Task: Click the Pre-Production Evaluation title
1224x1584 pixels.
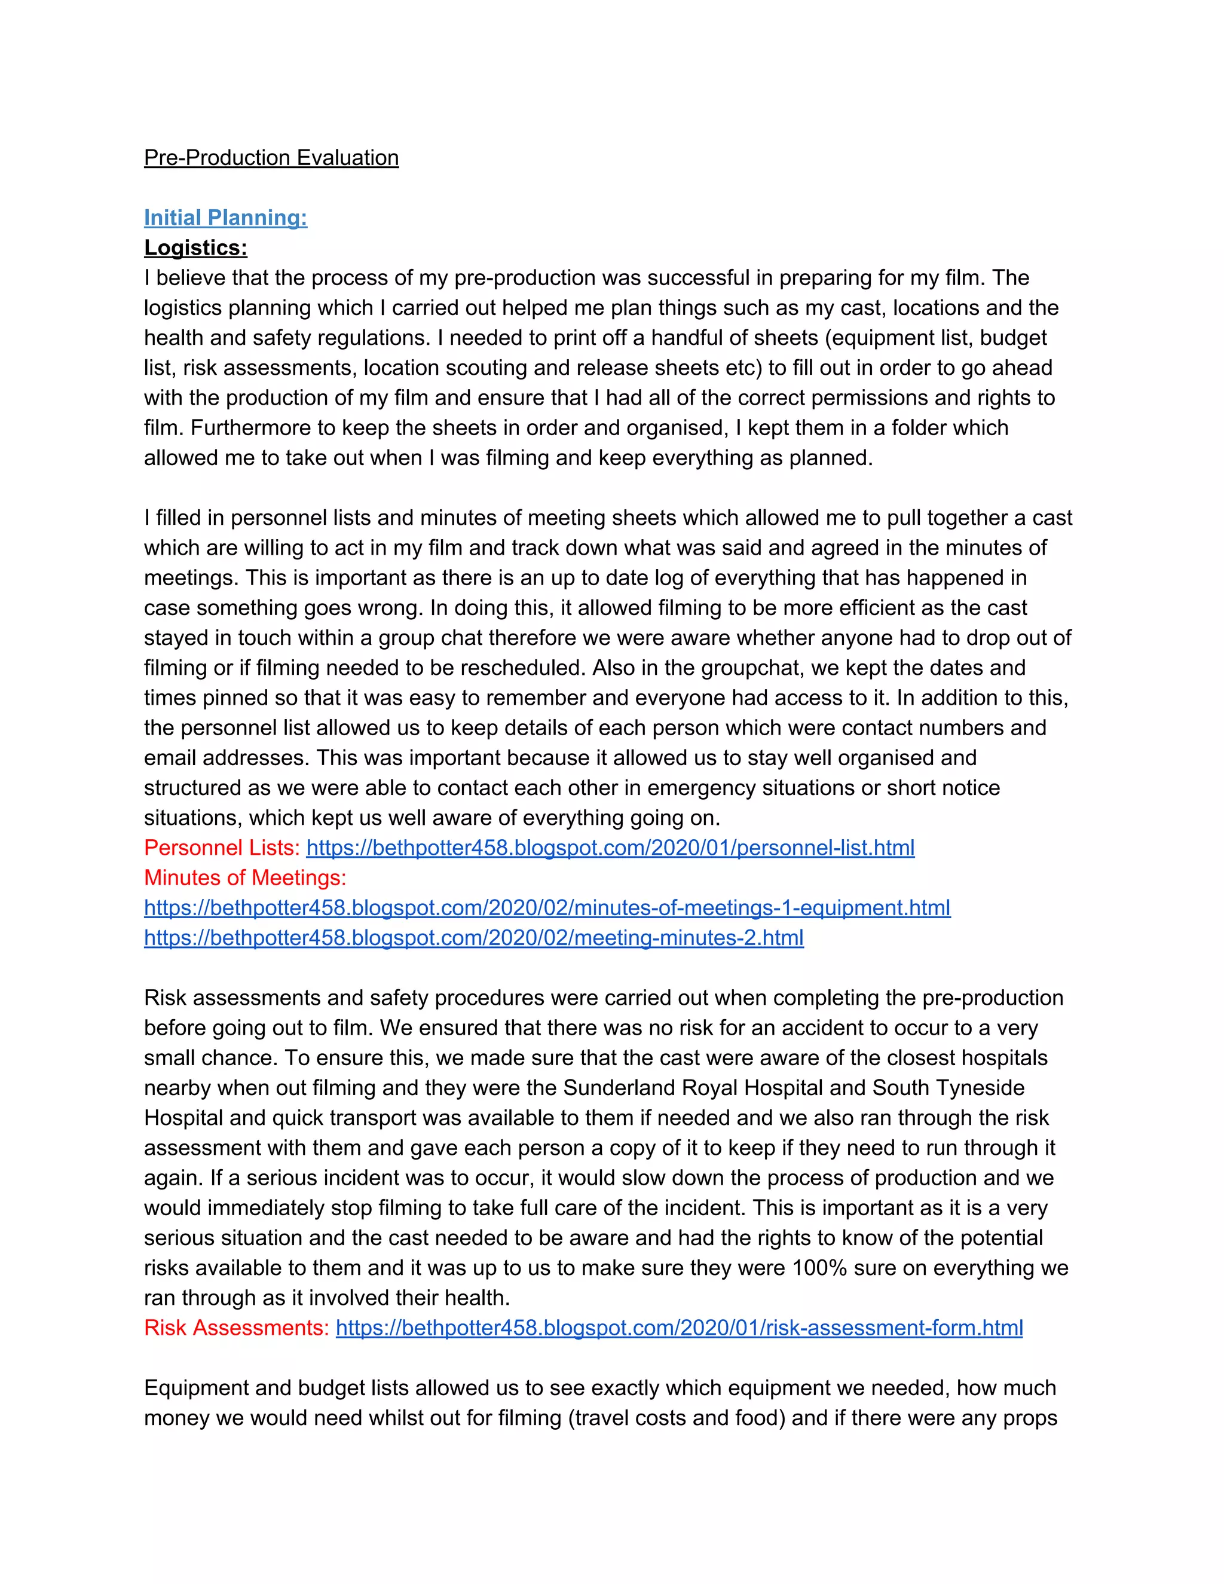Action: (x=271, y=158)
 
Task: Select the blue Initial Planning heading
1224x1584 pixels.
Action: (x=225, y=218)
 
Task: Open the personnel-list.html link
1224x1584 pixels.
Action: (x=610, y=848)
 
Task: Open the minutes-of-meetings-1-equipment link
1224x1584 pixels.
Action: (x=547, y=908)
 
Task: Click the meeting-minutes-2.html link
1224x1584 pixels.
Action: (x=473, y=938)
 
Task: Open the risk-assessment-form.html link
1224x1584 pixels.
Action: (x=679, y=1328)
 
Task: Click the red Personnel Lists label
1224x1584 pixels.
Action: (x=222, y=848)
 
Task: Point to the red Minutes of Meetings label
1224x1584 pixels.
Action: (x=245, y=878)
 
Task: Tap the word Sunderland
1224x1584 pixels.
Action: (x=625, y=1088)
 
